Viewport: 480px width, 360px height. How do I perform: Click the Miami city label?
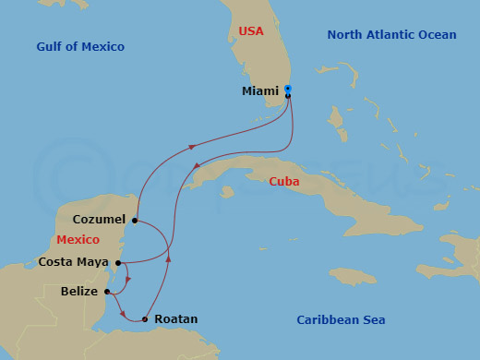tap(259, 91)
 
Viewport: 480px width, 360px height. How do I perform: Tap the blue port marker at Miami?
tap(288, 89)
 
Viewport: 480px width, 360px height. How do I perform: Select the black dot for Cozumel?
tap(135, 221)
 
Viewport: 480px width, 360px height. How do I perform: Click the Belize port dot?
tap(108, 292)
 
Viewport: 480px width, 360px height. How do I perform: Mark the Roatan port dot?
tap(144, 319)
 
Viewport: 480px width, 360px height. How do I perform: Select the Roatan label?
tap(176, 319)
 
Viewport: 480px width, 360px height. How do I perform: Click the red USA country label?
tap(250, 31)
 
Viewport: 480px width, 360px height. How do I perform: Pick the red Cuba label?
tap(283, 182)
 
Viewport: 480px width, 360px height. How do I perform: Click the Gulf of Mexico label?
tap(80, 47)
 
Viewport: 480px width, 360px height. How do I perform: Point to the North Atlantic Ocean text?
tap(391, 35)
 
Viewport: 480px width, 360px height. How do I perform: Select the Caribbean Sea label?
tap(341, 320)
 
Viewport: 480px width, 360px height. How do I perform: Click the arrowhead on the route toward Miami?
tap(191, 146)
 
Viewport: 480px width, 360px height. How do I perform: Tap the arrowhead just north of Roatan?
tap(168, 258)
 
